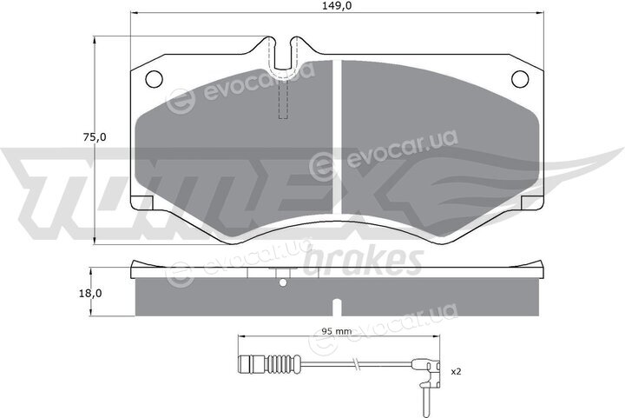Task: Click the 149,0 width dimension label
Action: pos(337,6)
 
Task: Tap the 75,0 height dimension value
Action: pos(95,137)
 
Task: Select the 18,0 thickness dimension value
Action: pos(90,294)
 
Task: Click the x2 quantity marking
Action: pos(456,372)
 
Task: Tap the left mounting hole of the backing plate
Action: pos(154,79)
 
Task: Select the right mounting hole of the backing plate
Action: pos(520,79)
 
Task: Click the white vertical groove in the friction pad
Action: pos(337,136)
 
